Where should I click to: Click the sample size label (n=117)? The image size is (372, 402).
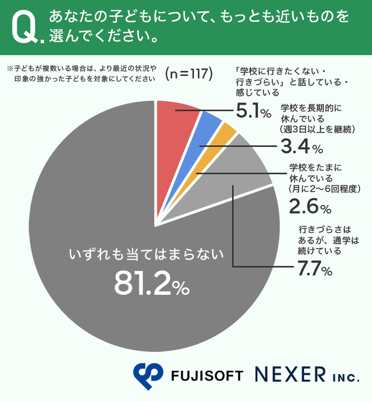click(x=189, y=73)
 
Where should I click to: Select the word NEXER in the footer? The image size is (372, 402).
click(x=291, y=375)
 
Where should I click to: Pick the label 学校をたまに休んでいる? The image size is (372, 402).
click(x=322, y=178)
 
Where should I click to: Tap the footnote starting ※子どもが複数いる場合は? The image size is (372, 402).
click(x=80, y=73)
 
